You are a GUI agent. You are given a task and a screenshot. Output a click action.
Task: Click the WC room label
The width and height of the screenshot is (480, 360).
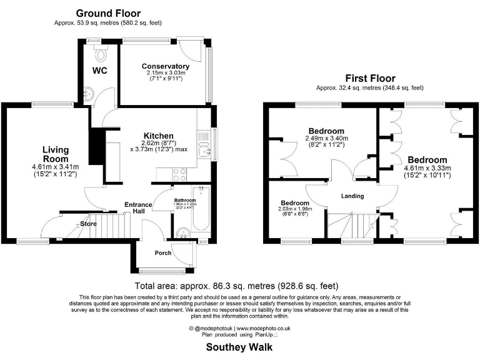click(100, 71)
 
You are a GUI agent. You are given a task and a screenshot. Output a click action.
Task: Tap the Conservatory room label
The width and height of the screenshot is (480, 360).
click(165, 66)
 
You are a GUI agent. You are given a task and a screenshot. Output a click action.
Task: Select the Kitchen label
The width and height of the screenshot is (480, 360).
click(158, 136)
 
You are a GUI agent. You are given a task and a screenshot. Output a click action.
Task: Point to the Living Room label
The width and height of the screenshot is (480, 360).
click(56, 154)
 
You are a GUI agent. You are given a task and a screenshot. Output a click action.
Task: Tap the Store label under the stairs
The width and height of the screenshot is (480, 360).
click(88, 223)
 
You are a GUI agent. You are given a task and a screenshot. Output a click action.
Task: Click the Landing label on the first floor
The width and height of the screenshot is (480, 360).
click(352, 196)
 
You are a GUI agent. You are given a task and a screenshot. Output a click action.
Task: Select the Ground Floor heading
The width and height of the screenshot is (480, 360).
click(108, 13)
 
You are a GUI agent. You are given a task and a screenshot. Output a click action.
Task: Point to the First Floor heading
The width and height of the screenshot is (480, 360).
click(371, 78)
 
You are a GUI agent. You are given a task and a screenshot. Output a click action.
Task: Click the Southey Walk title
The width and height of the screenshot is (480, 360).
click(239, 346)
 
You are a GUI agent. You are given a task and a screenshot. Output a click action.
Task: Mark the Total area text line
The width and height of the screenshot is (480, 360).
click(239, 284)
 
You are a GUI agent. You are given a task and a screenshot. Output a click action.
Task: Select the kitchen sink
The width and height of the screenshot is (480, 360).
click(204, 150)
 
